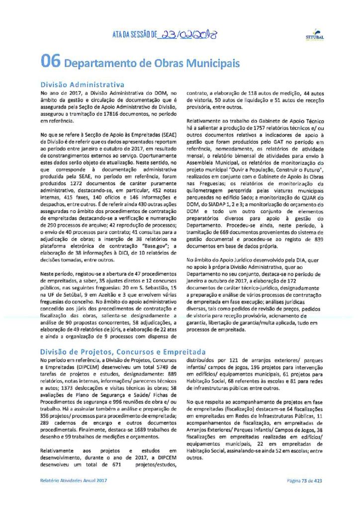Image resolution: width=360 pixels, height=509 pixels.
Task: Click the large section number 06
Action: point(51,62)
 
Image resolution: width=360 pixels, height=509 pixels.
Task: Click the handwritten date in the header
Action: point(187,35)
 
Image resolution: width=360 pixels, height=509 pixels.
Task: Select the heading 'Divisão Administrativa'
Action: point(82,84)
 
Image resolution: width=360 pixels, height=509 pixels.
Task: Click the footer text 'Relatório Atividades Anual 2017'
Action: point(74,481)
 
